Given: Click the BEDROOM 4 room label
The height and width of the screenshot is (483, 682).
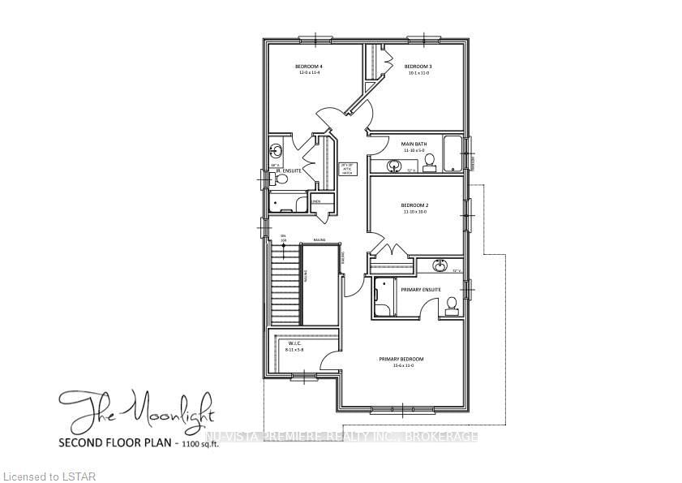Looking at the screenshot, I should click(309, 66).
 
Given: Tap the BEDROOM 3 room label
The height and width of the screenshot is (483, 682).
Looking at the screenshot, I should click(417, 66).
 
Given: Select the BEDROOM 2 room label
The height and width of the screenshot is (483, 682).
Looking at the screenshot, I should click(414, 205).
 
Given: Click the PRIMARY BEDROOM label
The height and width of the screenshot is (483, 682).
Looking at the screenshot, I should click(401, 359).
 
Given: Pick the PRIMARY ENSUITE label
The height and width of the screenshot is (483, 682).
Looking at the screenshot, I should click(421, 289).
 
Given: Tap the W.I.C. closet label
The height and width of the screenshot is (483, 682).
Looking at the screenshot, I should click(294, 343).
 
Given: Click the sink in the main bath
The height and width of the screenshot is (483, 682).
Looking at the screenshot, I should click(394, 166).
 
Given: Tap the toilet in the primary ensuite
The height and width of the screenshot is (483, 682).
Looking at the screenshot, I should click(452, 305).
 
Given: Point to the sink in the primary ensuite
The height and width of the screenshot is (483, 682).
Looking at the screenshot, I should click(440, 265).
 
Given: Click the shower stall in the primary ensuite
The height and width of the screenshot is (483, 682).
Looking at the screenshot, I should click(384, 299).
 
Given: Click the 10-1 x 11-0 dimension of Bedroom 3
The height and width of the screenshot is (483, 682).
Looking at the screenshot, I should click(417, 73).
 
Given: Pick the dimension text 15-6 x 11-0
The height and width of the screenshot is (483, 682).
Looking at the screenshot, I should click(401, 366).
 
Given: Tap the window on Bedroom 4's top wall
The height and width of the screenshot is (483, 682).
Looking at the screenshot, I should click(315, 38).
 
